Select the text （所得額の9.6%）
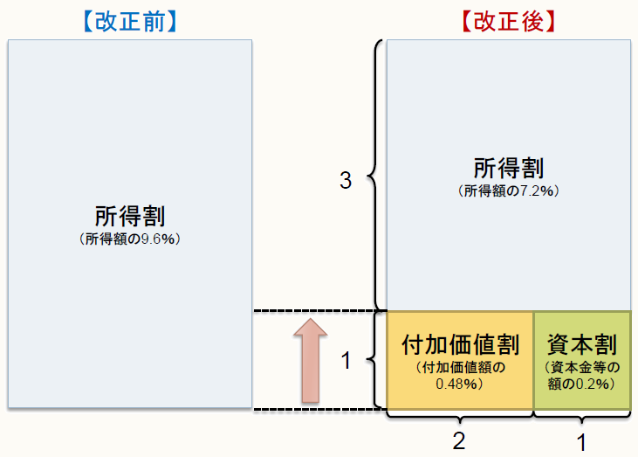pos(130,237)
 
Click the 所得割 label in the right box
pos(507,169)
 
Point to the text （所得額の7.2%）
pos(507,189)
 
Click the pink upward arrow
pos(310,360)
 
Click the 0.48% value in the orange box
pos(459,383)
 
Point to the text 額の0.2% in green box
pos(580,383)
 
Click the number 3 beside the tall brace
pos(345,182)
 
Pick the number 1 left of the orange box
pos(345,360)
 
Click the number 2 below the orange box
pos(459,441)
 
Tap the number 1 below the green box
pos(581,441)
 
